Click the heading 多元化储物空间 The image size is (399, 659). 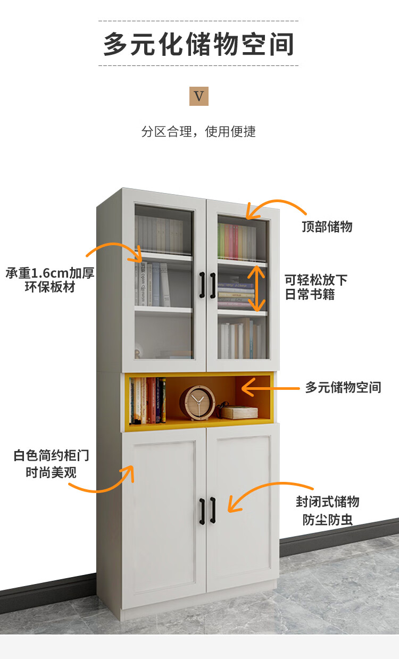(198, 44)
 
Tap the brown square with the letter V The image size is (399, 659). (198, 96)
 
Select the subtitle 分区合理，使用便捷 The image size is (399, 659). (198, 131)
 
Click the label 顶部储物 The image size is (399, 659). (327, 227)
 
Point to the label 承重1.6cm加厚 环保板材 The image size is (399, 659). (50, 280)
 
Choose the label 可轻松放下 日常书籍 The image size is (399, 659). (316, 287)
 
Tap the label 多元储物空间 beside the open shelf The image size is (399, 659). (343, 387)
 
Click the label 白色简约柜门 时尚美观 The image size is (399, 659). (51, 463)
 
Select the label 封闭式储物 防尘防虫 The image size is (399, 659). (327, 510)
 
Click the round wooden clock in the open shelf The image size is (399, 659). (197, 403)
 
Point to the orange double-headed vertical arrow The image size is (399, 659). (257, 288)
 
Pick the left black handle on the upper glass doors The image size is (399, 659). (202, 285)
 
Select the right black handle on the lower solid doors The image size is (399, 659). (212, 509)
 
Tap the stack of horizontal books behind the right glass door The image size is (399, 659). (236, 295)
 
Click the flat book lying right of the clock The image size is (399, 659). (239, 412)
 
